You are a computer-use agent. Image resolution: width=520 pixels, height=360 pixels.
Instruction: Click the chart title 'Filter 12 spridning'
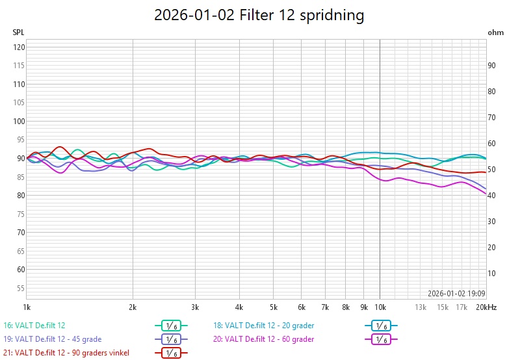(259, 15)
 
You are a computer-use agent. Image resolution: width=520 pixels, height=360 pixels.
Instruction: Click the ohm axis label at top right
(495, 32)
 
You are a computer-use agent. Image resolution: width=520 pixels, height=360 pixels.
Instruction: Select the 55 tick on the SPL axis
(19, 288)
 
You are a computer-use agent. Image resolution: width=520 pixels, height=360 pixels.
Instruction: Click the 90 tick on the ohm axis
(492, 65)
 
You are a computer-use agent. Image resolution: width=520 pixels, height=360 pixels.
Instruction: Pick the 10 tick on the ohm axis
(492, 273)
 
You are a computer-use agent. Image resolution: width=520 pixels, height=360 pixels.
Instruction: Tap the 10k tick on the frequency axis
(380, 307)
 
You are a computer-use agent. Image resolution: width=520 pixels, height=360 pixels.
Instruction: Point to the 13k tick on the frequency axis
(421, 307)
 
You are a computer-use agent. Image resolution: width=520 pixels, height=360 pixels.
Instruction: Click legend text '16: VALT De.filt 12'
(34, 325)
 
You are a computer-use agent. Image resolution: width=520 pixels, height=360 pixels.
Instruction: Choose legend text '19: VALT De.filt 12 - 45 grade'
(53, 339)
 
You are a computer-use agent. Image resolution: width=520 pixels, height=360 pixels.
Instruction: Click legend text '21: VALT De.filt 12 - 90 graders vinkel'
(66, 352)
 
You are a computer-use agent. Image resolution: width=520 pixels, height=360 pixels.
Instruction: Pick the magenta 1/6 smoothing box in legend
(381, 339)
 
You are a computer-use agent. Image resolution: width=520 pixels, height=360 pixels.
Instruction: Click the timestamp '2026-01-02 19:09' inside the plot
(456, 293)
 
